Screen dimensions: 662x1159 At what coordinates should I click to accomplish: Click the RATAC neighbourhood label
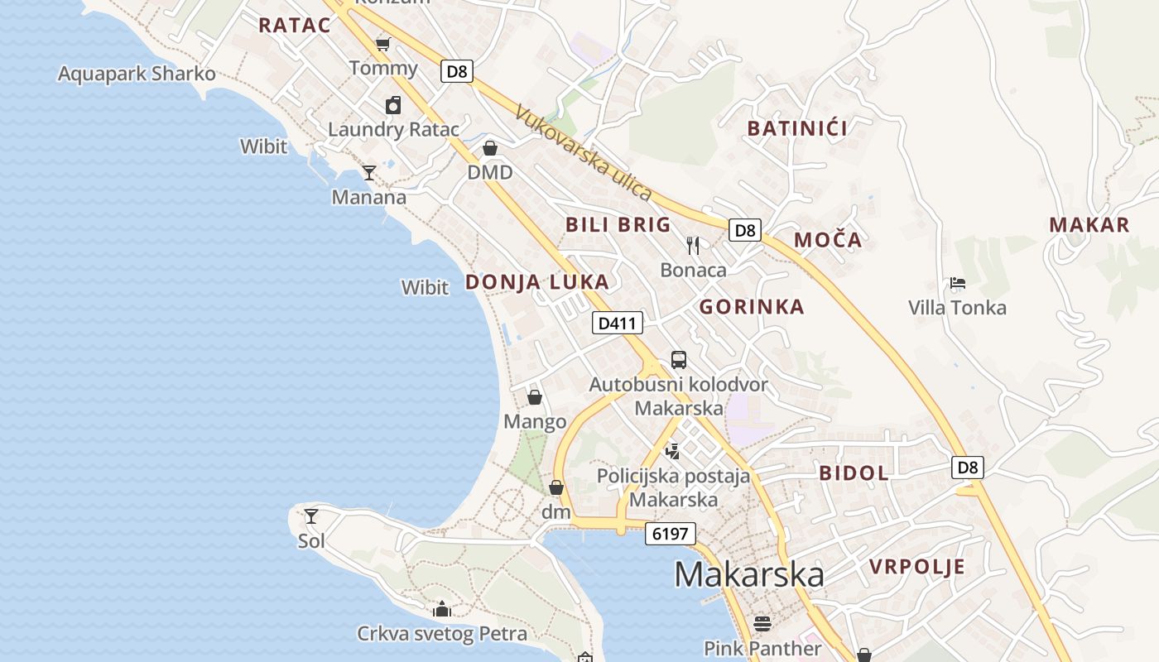294,25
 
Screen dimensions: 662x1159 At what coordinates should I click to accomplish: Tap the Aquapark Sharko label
137,74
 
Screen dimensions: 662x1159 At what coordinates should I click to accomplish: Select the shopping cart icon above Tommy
382,44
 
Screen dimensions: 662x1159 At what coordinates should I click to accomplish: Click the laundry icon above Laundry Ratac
393,105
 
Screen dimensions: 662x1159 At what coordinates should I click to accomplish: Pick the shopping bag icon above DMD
490,148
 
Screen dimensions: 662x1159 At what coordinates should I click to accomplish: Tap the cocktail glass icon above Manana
369,172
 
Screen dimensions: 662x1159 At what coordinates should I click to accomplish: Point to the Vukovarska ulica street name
583,152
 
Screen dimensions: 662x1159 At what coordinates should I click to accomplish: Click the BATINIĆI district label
797,128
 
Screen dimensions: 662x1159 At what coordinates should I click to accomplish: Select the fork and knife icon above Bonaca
693,245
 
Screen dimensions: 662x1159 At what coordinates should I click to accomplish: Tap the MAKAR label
1089,224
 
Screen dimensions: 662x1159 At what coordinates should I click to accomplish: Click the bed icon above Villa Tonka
957,283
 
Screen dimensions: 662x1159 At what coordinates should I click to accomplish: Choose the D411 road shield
617,323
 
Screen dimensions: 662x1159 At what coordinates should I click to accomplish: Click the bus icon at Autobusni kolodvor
678,359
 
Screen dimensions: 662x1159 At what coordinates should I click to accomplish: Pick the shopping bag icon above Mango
535,397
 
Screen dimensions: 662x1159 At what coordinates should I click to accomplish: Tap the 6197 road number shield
670,534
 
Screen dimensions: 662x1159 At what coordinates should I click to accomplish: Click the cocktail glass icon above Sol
311,516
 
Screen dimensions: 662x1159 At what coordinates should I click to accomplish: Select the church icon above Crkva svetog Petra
442,610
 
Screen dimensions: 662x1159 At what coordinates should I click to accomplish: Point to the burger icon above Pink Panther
762,623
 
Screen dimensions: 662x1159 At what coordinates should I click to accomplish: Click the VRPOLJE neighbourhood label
916,567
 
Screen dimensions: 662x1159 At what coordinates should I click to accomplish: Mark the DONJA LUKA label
536,282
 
